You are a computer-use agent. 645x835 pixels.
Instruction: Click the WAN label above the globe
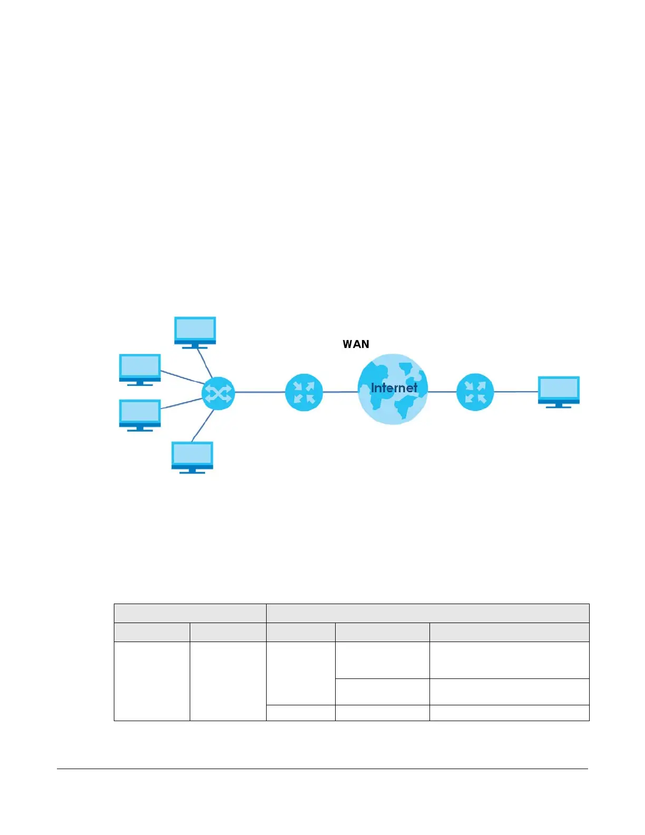356,344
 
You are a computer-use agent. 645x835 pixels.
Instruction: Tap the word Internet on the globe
394,388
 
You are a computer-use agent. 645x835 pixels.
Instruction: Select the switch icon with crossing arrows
218,393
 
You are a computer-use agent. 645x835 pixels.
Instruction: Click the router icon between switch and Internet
304,392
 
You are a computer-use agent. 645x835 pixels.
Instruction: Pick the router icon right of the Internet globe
475,392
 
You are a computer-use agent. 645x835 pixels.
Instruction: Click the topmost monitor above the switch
195,332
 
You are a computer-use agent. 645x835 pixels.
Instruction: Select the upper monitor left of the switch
140,369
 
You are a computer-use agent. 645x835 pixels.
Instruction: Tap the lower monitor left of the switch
140,415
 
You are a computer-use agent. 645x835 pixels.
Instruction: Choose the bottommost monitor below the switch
192,457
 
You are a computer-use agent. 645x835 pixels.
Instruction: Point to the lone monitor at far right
559,391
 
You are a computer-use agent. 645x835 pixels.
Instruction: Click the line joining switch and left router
259,392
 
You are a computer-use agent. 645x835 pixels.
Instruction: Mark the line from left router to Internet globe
340,392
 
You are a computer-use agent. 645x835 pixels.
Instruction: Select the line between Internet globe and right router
442,392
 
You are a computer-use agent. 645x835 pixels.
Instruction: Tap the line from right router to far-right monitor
515,392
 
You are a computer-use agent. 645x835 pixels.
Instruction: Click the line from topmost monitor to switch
205,363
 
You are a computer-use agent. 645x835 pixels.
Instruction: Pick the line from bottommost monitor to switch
203,424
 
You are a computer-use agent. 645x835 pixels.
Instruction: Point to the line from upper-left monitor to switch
182,377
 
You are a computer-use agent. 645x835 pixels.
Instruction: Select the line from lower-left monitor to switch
182,403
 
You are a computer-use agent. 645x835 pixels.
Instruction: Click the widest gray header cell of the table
427,613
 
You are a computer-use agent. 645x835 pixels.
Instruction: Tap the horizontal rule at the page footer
322,769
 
